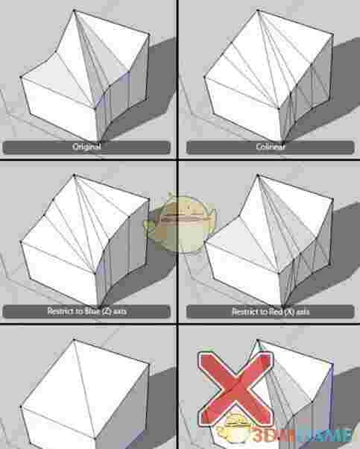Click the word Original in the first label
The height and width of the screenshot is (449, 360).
point(86,147)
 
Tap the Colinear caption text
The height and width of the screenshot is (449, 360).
point(271,147)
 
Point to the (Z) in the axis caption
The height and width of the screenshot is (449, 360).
point(99,311)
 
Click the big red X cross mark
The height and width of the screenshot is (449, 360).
point(236,389)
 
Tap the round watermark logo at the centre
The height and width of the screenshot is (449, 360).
point(180,222)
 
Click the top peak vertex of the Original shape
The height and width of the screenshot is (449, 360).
point(74,10)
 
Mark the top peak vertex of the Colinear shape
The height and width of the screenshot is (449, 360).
point(258,10)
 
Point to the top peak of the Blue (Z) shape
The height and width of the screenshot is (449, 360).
point(74,175)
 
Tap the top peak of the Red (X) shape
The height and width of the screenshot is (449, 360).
point(258,175)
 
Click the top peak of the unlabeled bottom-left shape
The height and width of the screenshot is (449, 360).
point(74,339)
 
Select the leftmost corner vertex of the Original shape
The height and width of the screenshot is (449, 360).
point(21,77)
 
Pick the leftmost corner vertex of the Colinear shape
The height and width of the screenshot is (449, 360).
point(205,77)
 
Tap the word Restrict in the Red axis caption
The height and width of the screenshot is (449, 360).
point(242,312)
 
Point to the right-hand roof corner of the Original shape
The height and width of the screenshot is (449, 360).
point(149,35)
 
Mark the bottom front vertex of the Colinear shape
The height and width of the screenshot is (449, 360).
point(282,142)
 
